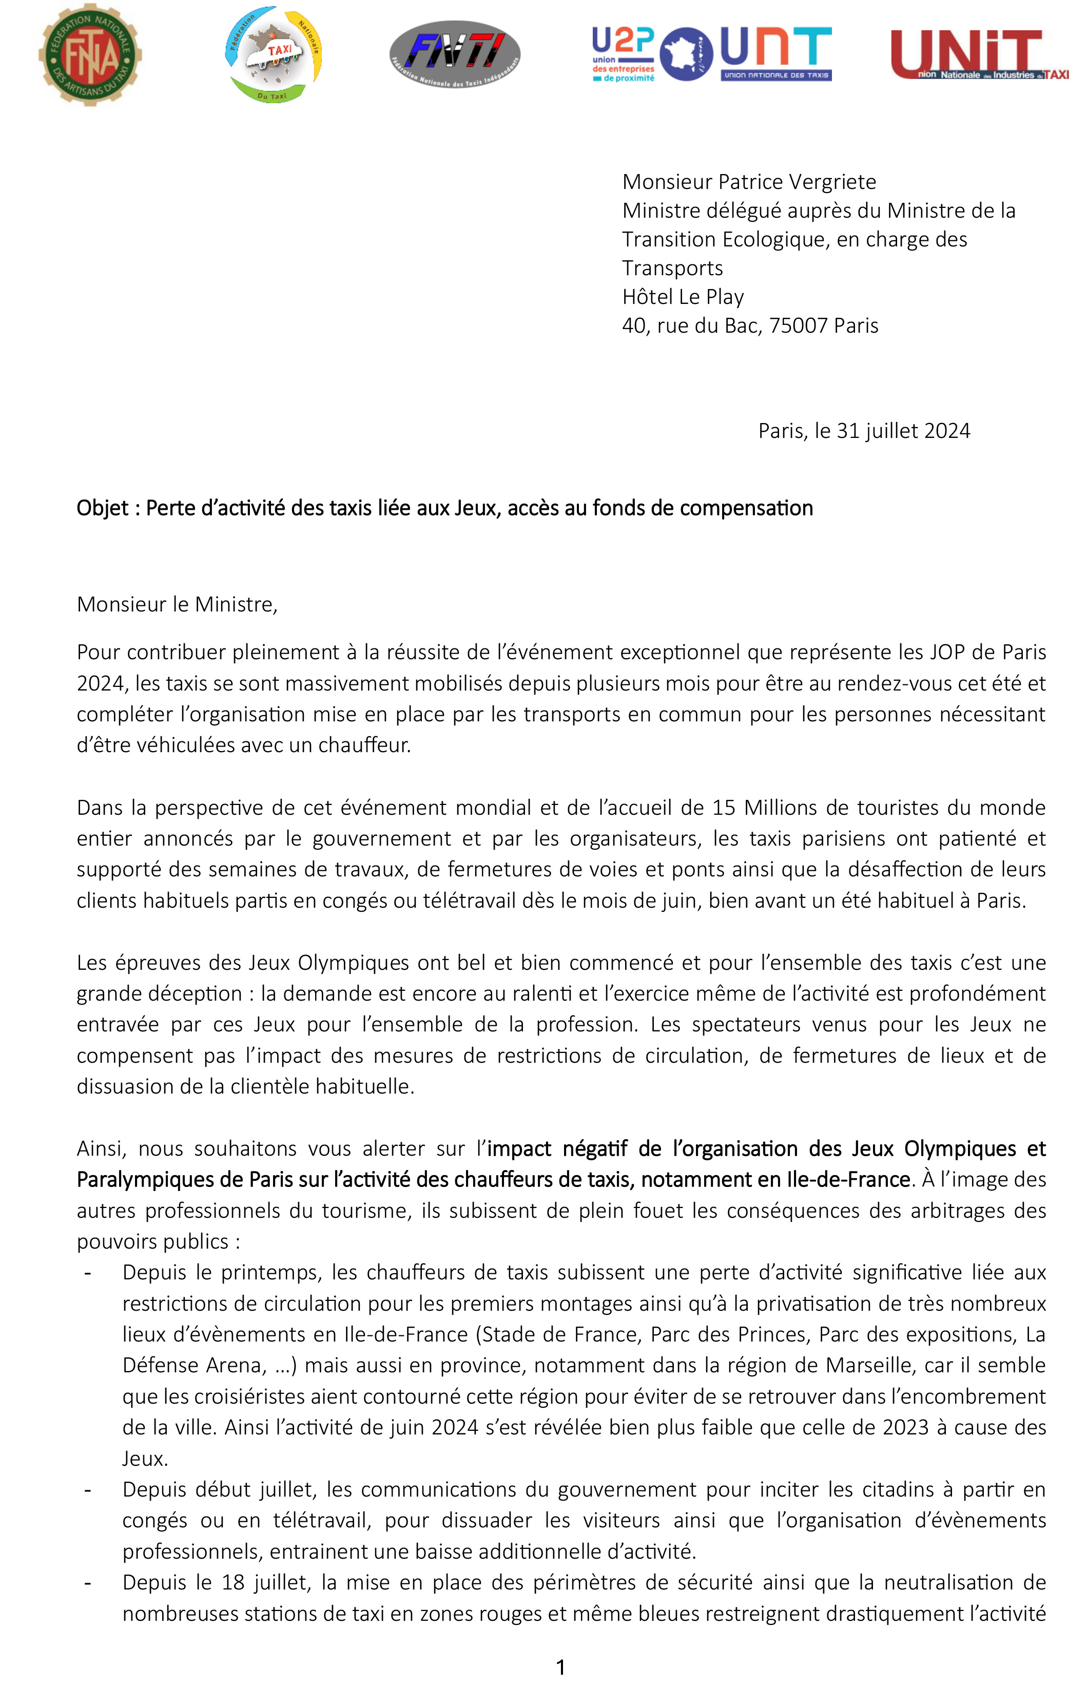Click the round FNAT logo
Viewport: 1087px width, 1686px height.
pyautogui.click(x=90, y=55)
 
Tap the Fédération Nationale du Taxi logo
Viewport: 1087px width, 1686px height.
pyautogui.click(x=274, y=54)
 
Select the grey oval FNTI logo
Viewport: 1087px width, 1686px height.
pyautogui.click(x=455, y=54)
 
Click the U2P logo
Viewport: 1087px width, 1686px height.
pyautogui.click(x=623, y=54)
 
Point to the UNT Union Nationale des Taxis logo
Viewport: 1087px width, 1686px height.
pyautogui.click(x=775, y=54)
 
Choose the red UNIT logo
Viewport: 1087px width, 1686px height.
pyautogui.click(x=978, y=54)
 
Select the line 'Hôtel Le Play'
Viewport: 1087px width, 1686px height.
pyautogui.click(x=683, y=297)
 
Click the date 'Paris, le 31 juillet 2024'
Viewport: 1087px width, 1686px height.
pyautogui.click(x=863, y=431)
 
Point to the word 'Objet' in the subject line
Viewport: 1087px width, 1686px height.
pyautogui.click(x=102, y=508)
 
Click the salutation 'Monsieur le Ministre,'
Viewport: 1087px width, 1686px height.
pyautogui.click(x=177, y=604)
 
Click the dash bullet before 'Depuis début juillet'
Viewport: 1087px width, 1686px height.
pyautogui.click(x=88, y=1490)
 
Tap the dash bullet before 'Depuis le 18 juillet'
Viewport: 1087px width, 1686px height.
pyautogui.click(x=88, y=1583)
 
